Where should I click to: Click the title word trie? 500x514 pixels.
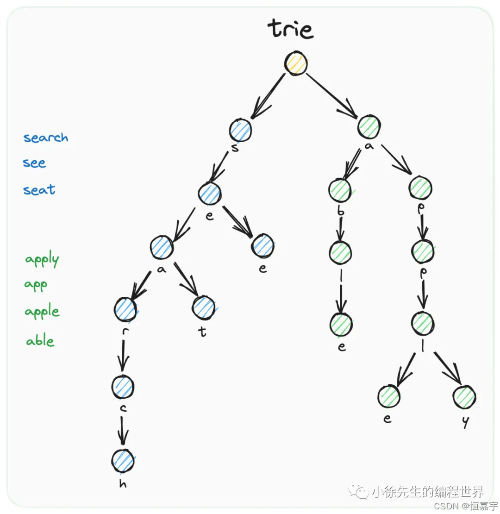291,29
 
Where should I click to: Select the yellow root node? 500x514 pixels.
296,63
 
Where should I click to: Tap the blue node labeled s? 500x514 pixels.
240,131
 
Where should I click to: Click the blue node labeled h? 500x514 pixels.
123,461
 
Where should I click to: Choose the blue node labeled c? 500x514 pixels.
123,386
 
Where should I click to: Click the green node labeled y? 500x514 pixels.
464,397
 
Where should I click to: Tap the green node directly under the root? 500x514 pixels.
369,126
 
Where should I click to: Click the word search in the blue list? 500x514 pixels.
46,138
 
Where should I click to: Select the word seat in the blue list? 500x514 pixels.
39,189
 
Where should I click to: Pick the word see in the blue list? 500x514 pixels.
35,163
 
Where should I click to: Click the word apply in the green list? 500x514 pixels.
42,260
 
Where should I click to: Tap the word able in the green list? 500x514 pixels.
40,341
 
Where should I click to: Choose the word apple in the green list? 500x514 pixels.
42,312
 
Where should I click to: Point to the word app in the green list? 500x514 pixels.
36,285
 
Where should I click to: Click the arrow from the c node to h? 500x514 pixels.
122,429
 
